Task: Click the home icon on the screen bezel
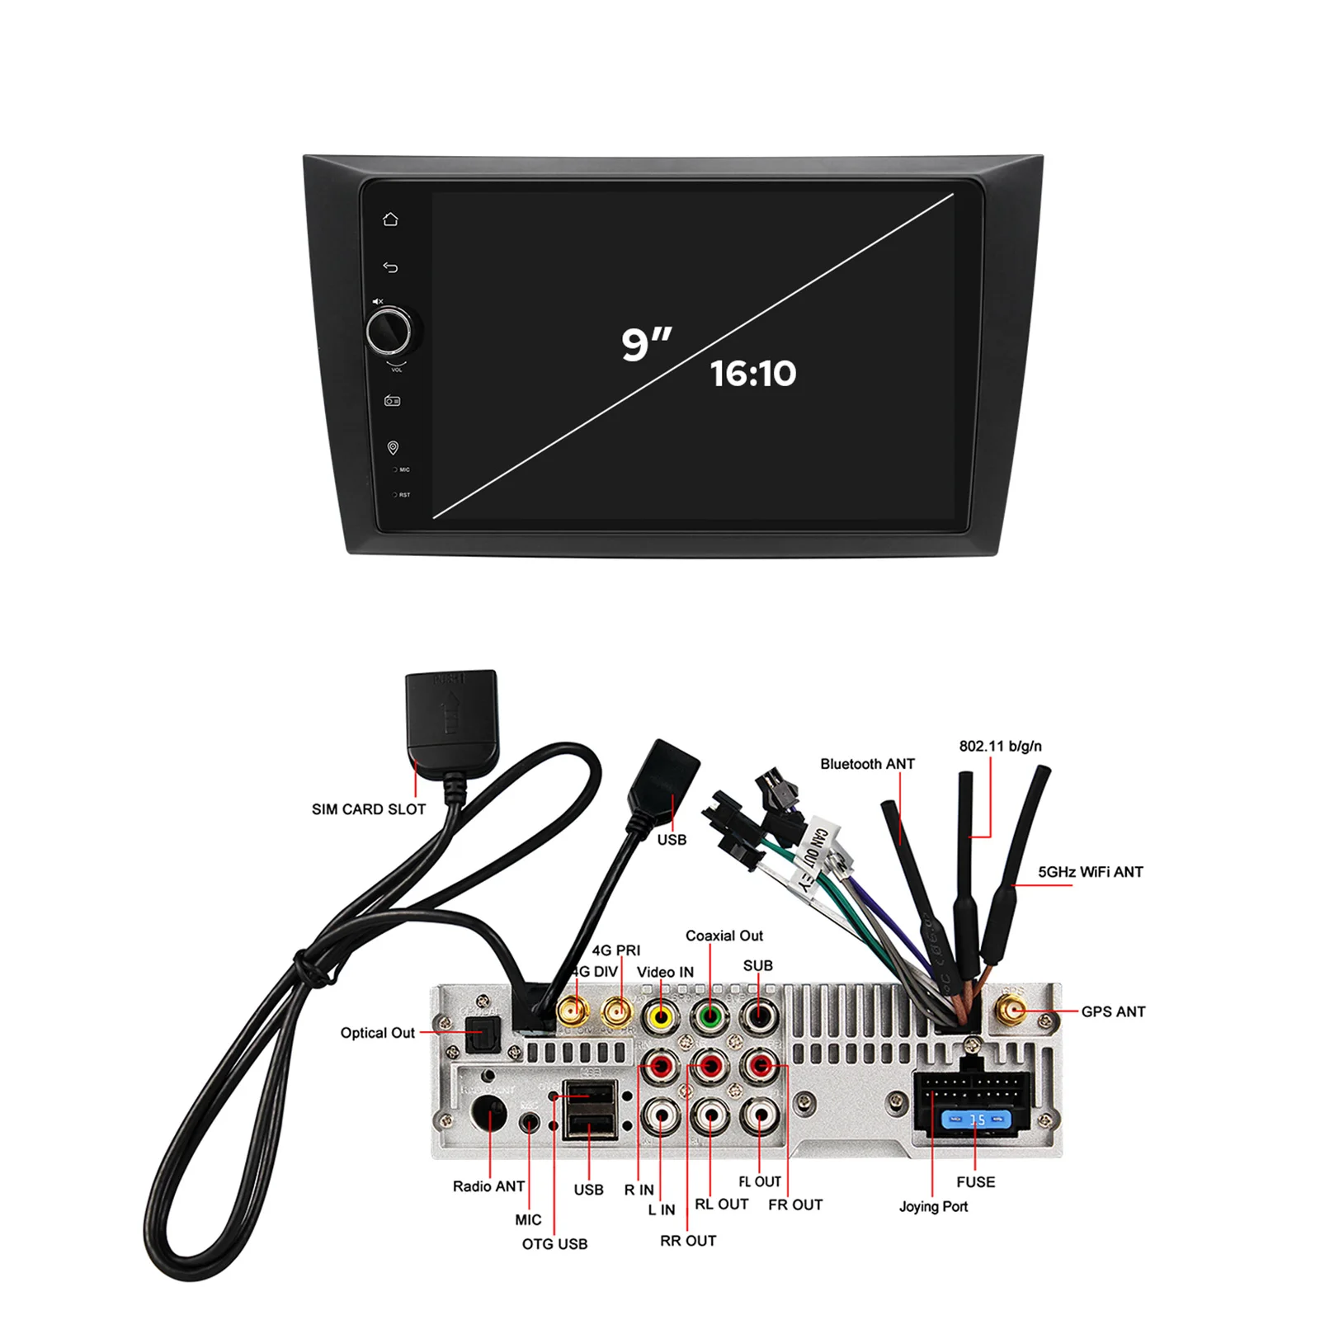pos(390,219)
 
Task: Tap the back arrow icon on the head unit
pos(390,267)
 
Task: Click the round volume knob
pos(389,331)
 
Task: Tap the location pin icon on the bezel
pos(393,447)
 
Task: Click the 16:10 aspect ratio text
pos(752,374)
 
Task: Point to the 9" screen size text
pos(646,343)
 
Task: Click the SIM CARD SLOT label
pos(368,809)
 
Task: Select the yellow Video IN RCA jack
pos(661,1016)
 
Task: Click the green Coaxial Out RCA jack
pos(709,1016)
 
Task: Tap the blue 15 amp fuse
pos(977,1120)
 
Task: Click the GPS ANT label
pos(1113,1011)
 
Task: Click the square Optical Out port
pos(483,1034)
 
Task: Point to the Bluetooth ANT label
pos(867,764)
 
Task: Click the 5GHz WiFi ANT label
pos(1090,872)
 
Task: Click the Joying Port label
pos(933,1206)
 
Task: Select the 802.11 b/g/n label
pos(1000,746)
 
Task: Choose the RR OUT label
pos(688,1241)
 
